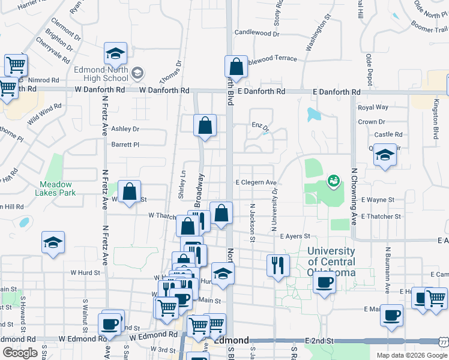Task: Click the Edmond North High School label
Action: coord(101,74)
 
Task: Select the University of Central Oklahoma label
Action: coord(331,262)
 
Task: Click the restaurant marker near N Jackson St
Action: coord(278,264)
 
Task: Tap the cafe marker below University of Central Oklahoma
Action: coord(324,282)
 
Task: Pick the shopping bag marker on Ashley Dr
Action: coord(205,125)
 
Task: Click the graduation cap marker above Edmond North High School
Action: coord(115,55)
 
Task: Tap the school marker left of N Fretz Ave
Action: coord(53,242)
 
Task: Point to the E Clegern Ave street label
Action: coord(256,182)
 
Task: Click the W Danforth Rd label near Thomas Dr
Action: coord(164,90)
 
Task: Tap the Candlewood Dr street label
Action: coord(257,33)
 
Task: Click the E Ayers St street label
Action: coord(294,236)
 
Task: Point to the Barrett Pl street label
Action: coord(125,145)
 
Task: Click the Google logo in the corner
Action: coord(20,352)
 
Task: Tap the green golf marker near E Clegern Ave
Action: coord(333,179)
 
